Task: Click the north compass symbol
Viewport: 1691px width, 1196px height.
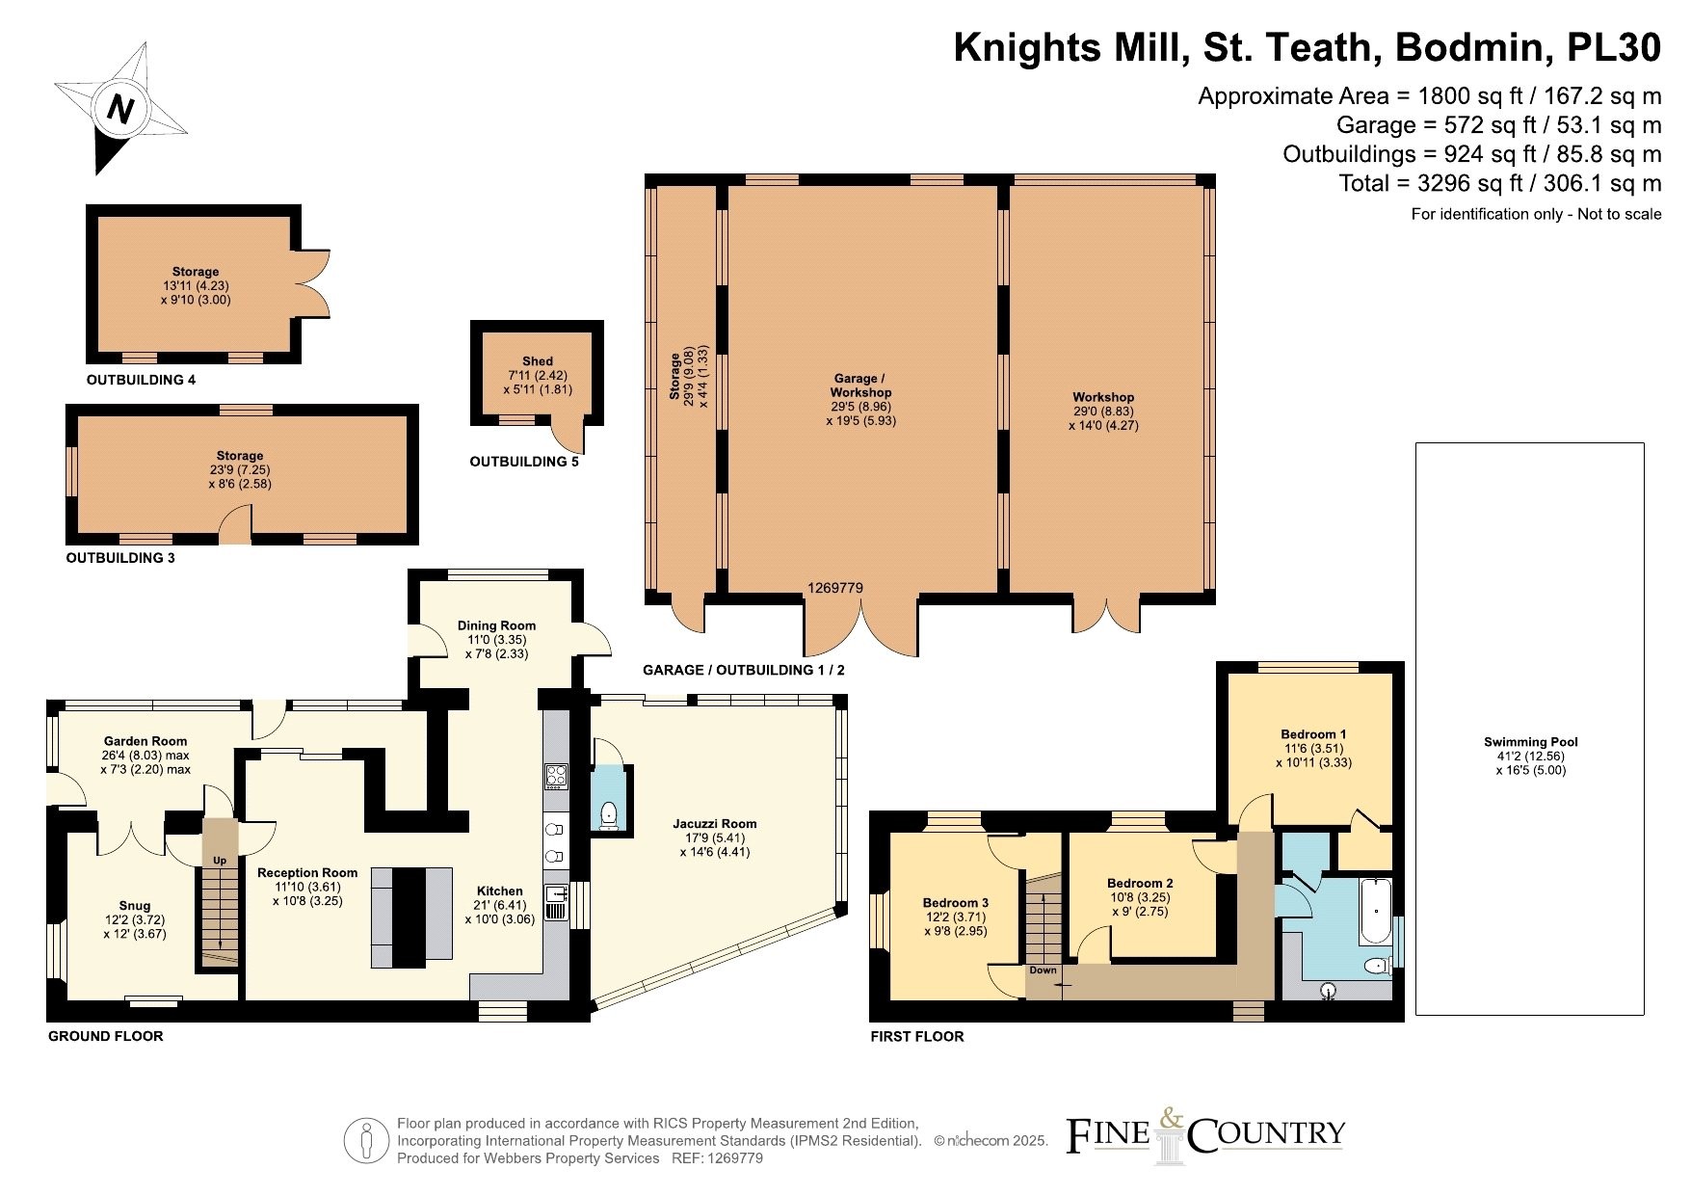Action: coord(119,109)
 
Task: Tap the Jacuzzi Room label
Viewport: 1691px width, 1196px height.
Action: coord(714,824)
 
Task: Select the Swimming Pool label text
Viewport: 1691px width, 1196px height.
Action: coord(1530,742)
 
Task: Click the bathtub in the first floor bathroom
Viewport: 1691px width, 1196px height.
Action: coord(1375,911)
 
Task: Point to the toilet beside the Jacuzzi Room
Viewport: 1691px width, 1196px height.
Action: coord(609,815)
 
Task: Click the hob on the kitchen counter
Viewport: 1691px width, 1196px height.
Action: coord(556,776)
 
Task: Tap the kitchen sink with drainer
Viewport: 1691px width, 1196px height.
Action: coord(556,903)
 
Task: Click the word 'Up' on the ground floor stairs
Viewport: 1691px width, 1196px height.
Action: coord(220,860)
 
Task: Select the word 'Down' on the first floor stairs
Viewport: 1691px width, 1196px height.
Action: coord(1043,970)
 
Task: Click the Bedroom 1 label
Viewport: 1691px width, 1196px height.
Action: coord(1308,734)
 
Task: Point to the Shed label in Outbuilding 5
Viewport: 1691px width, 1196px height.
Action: coord(538,361)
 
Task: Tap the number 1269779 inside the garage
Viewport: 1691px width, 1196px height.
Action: coord(835,588)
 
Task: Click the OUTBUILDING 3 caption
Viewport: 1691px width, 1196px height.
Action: coord(120,558)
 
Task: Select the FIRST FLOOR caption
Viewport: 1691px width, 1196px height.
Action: coord(916,1037)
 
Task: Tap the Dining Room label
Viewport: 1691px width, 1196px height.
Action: coord(496,625)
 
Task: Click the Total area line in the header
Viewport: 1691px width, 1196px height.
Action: coord(1500,183)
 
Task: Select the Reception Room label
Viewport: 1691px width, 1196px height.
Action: coord(307,873)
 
